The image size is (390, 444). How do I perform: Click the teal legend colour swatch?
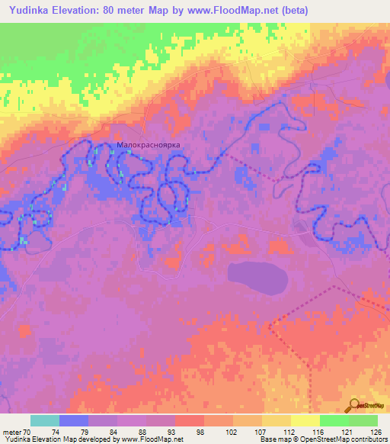(45, 420)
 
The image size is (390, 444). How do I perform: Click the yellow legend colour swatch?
(305, 420)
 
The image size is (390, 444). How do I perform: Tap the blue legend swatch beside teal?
(75, 420)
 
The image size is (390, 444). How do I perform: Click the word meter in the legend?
(12, 431)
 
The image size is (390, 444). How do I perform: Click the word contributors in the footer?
(367, 439)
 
